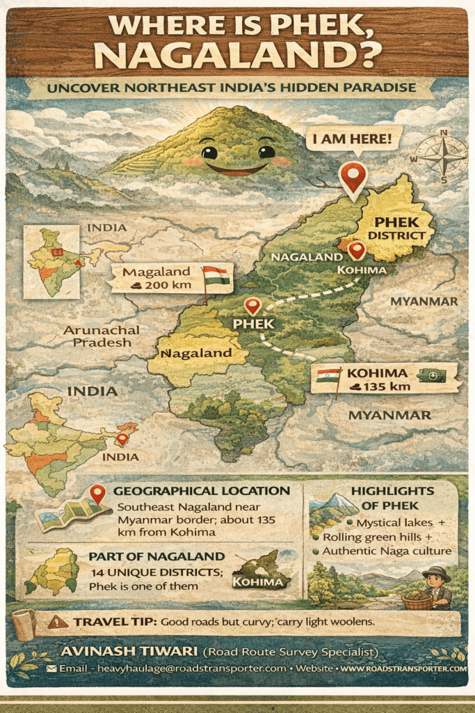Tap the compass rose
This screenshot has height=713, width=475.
pos(442,157)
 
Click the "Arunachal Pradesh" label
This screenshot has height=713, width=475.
pos(102,336)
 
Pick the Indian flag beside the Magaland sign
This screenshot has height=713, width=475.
pos(216,276)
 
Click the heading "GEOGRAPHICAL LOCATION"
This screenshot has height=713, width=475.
pos(202,491)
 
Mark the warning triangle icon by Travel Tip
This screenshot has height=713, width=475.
pos(58,621)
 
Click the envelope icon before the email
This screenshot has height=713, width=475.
pos(51,668)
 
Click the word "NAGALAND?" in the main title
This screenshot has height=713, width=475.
pos(236,54)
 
